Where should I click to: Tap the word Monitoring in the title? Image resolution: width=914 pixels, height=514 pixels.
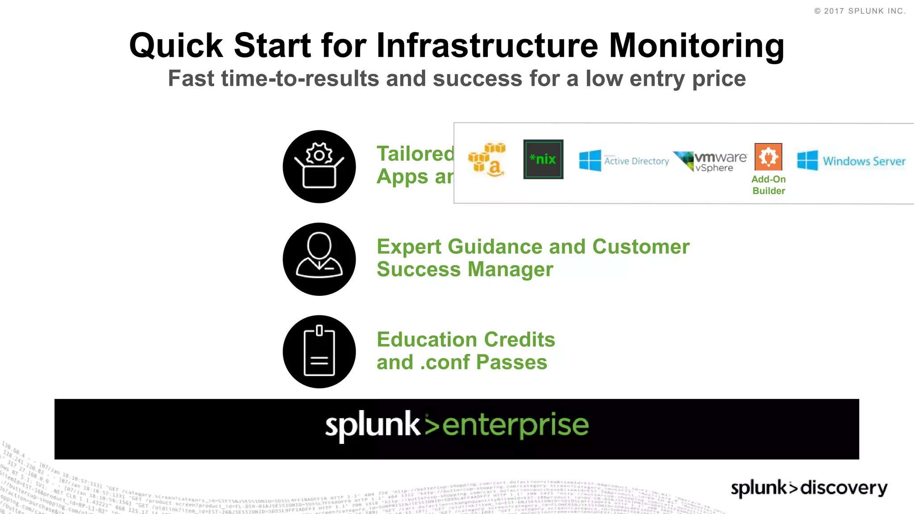[x=696, y=46]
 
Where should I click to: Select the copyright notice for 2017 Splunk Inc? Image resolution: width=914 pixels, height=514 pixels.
[x=860, y=11]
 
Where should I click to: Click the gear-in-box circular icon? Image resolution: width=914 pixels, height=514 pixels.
[x=319, y=166]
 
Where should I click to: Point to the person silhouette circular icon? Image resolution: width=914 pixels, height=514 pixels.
[x=319, y=259]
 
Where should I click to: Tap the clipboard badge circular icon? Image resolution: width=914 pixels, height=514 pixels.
[x=319, y=352]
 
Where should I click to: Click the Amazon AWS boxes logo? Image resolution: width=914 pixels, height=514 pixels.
[x=487, y=160]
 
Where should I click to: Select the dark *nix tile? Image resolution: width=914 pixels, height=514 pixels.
[x=543, y=159]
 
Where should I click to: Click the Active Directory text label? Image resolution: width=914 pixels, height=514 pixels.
[x=636, y=161]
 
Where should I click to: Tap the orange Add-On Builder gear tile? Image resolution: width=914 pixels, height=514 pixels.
[x=768, y=157]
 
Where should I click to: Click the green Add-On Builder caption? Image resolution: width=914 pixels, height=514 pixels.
[x=769, y=185]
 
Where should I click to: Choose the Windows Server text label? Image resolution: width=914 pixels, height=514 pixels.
[x=864, y=161]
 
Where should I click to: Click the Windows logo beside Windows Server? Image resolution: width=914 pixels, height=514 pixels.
[x=807, y=161]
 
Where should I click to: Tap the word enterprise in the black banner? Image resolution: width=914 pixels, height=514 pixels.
[x=515, y=426]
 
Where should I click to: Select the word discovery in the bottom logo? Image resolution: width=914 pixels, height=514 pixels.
[x=843, y=488]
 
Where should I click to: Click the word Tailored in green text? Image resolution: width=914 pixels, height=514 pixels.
[x=415, y=154]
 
